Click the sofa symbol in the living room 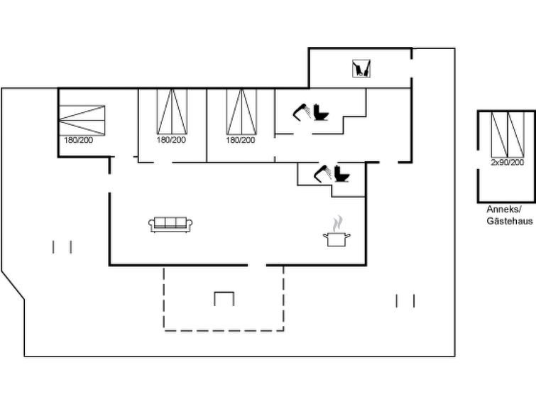(x=170, y=224)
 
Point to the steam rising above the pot (x=339, y=222)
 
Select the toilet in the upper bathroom (x=322, y=113)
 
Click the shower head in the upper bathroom (x=302, y=110)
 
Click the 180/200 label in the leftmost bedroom (x=79, y=141)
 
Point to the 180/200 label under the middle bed (x=170, y=141)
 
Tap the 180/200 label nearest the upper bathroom (x=241, y=141)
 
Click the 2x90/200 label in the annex (x=507, y=163)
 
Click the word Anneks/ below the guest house (x=504, y=210)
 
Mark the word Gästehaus (x=509, y=221)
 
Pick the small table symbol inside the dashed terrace (x=224, y=298)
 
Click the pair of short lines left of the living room (x=62, y=246)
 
